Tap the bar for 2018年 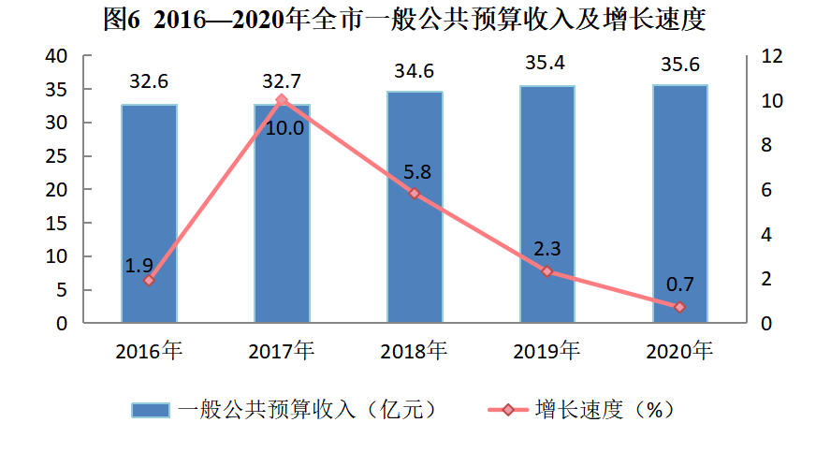click(415, 207)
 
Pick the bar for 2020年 click(679, 204)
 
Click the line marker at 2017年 click(282, 99)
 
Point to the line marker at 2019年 click(547, 271)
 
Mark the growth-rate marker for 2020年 click(679, 307)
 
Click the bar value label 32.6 click(149, 81)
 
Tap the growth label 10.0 click(284, 128)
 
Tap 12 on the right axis click(771, 56)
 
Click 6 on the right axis click(765, 190)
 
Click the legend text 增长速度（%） click(604, 409)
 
